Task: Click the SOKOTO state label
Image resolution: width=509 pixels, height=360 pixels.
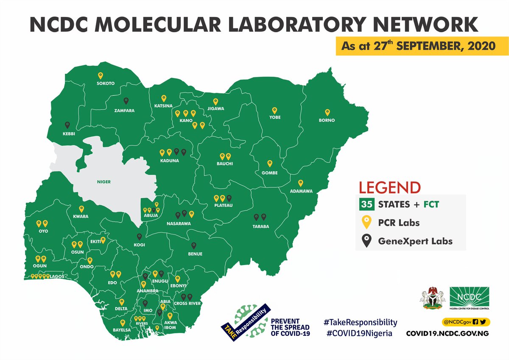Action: click(x=106, y=84)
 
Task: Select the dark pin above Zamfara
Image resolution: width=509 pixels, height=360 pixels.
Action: click(x=126, y=101)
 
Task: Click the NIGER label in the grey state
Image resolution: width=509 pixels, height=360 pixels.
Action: click(x=103, y=182)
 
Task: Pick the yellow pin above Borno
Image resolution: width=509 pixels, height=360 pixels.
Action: click(x=327, y=112)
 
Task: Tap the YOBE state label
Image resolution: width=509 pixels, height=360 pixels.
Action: click(x=275, y=117)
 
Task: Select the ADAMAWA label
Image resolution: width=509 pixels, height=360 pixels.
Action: click(x=301, y=191)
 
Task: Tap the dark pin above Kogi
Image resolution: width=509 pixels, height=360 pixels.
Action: click(x=139, y=237)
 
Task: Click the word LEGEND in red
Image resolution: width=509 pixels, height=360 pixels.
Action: click(x=390, y=187)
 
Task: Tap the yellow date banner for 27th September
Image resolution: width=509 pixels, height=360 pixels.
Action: click(x=416, y=46)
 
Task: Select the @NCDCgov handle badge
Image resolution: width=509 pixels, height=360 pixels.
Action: click(x=465, y=322)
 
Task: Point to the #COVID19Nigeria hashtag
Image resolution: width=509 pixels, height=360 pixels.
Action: click(x=359, y=333)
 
